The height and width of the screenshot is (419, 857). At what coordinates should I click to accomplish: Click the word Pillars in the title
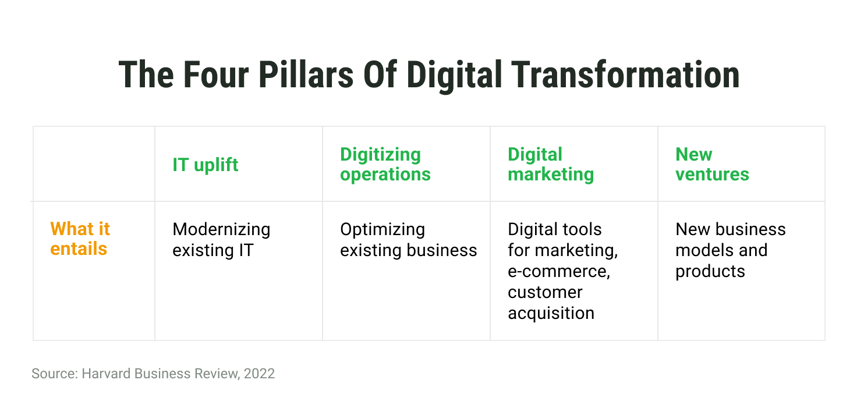click(306, 74)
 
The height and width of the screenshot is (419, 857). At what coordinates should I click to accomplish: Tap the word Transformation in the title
click(625, 74)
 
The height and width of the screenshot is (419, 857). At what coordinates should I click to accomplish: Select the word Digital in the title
click(454, 76)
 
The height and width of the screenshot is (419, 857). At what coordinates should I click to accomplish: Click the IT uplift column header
click(205, 165)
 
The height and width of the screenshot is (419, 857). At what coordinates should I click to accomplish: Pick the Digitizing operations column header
click(385, 164)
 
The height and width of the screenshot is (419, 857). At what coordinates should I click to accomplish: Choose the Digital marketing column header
click(551, 164)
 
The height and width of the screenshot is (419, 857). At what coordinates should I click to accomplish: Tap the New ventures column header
click(712, 164)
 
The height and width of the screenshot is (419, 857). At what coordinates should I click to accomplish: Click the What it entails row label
click(80, 239)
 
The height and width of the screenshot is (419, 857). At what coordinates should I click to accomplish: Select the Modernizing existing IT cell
click(221, 240)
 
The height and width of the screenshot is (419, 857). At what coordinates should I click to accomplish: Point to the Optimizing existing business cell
click(408, 240)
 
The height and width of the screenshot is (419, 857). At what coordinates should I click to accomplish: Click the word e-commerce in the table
click(558, 271)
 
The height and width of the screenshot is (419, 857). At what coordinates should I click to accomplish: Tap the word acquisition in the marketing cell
click(551, 314)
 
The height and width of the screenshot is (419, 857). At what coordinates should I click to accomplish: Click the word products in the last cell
click(710, 272)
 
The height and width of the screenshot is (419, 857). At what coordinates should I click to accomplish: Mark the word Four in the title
click(216, 74)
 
